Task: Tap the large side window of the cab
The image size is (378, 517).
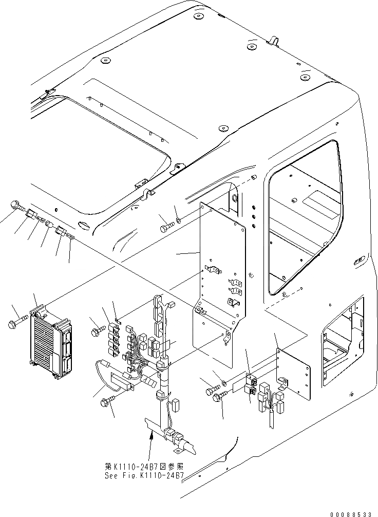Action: [x=303, y=221]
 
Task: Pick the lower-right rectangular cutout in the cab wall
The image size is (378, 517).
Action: [x=342, y=349]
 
